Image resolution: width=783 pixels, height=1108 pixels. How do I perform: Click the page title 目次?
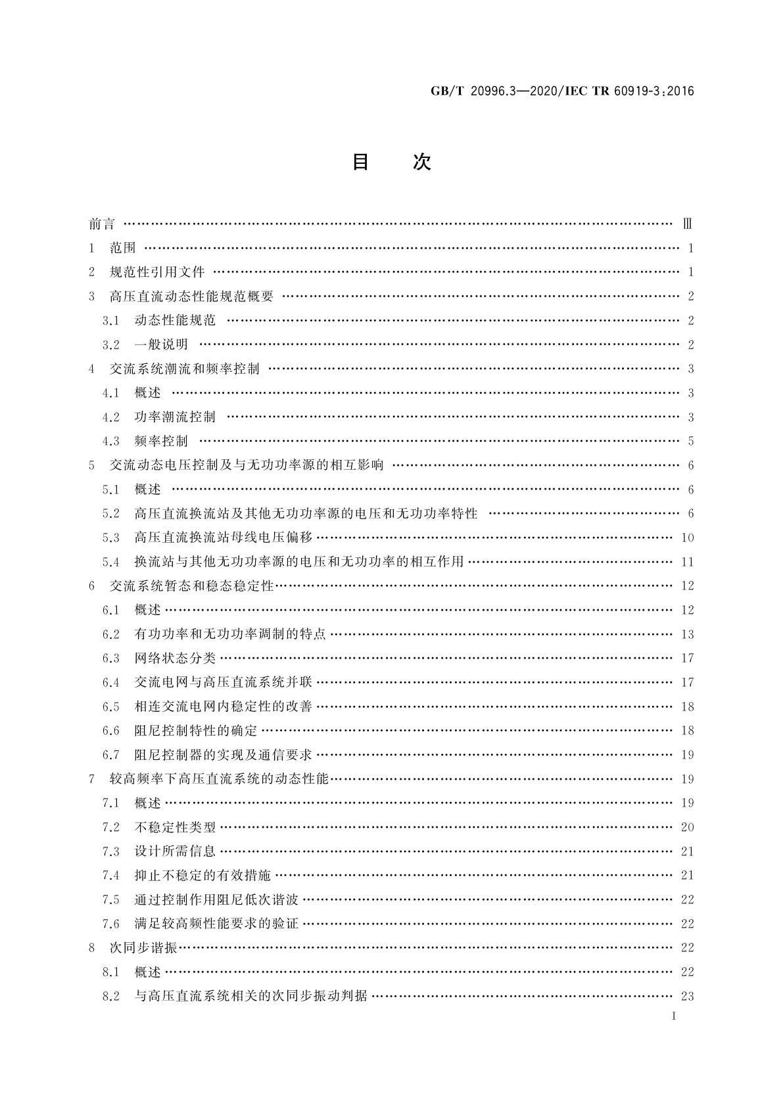pos(391,162)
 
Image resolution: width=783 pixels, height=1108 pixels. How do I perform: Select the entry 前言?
pos(102,224)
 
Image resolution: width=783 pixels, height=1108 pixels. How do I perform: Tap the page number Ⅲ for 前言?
pos(687,224)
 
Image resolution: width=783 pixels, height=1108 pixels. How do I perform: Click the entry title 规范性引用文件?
pos(157,272)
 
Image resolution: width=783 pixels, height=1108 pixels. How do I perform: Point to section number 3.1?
pos(110,321)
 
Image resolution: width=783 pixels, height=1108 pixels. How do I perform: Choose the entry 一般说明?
pos(161,345)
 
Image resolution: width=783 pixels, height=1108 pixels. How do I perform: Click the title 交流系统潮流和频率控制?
pos(185,369)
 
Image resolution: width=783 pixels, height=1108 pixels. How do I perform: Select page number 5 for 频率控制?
pos(690,441)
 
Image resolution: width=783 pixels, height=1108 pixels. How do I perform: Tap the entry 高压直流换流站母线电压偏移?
pos(224,538)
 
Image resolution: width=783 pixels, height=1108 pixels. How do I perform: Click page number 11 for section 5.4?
pos(687,562)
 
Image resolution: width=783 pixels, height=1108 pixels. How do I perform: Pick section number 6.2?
pos(110,634)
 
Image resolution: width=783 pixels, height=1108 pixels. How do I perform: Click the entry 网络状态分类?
pos(175,659)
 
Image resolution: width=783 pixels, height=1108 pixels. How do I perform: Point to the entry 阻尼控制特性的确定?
pos(196,731)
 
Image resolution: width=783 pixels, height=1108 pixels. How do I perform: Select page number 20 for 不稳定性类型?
pos(687,828)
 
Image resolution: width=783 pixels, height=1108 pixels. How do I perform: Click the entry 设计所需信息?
pos(175,851)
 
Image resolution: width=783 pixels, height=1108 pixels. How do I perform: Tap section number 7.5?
pos(110,900)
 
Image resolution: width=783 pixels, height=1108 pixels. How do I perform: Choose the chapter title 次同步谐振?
pos(144,948)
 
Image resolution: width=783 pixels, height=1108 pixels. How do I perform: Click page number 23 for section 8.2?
pos(687,996)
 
